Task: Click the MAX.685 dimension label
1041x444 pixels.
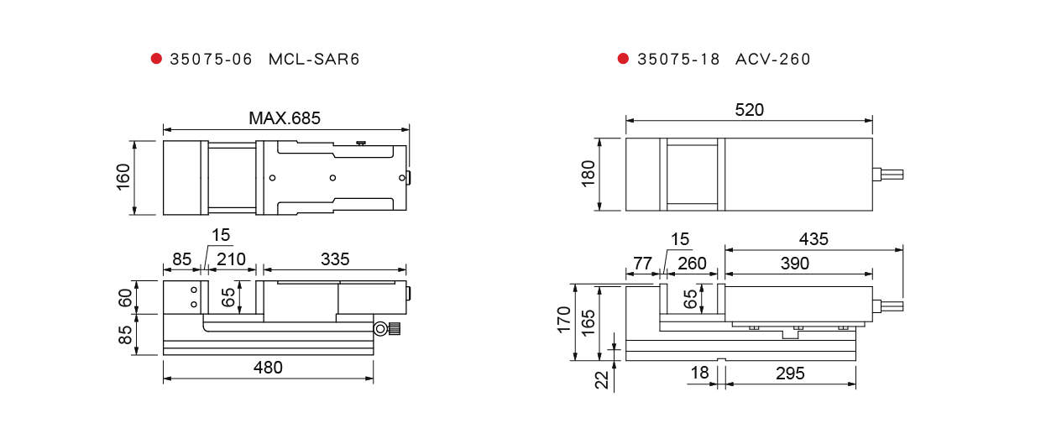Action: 285,118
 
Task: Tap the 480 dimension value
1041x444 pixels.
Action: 268,368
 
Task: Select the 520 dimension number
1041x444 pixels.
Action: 749,110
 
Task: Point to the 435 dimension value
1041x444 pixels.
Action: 813,239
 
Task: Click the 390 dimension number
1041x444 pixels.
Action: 795,264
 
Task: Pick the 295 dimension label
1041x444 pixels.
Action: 790,373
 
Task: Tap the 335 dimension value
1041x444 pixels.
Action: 335,259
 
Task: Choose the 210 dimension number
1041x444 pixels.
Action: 231,259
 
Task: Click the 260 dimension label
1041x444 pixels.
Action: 692,264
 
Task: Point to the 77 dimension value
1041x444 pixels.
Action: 642,264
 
